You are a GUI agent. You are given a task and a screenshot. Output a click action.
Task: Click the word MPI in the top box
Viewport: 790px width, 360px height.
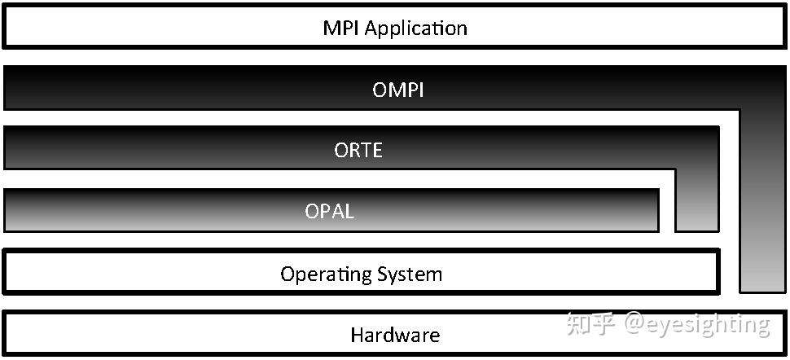click(x=341, y=29)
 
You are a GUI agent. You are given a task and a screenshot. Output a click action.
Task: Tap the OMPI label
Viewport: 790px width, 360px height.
click(x=398, y=90)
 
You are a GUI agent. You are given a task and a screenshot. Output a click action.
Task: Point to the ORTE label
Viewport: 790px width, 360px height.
click(x=358, y=151)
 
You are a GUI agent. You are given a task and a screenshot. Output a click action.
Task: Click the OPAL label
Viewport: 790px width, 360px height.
click(x=330, y=212)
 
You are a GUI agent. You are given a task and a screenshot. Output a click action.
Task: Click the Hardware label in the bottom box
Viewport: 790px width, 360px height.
click(x=395, y=335)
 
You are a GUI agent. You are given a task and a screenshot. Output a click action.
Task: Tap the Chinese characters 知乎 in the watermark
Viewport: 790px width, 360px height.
click(x=591, y=324)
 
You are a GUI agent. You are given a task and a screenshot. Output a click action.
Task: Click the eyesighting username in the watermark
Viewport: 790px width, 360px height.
click(x=707, y=325)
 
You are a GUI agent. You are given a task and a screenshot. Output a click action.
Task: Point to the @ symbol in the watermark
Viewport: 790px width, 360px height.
click(x=634, y=324)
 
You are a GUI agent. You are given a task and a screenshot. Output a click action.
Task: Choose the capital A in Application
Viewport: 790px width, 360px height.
click(x=371, y=29)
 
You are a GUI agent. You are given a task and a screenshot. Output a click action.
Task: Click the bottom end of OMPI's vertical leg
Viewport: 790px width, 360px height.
click(x=762, y=288)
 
